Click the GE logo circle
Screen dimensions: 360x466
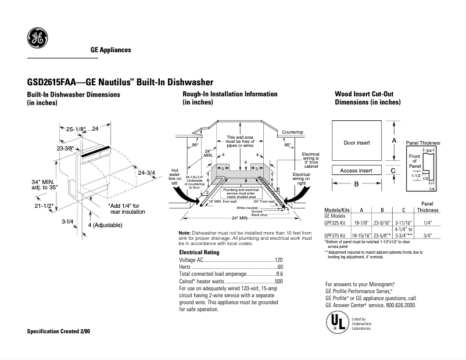[x=38, y=39]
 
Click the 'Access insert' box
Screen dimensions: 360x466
[x=356, y=171]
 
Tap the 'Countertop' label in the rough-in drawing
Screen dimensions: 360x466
[x=293, y=132]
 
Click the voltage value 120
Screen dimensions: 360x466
[x=278, y=260]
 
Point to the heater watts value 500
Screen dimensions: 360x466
[x=278, y=281]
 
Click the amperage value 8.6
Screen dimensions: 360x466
[x=279, y=273]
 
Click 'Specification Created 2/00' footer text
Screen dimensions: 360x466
[x=59, y=331]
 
